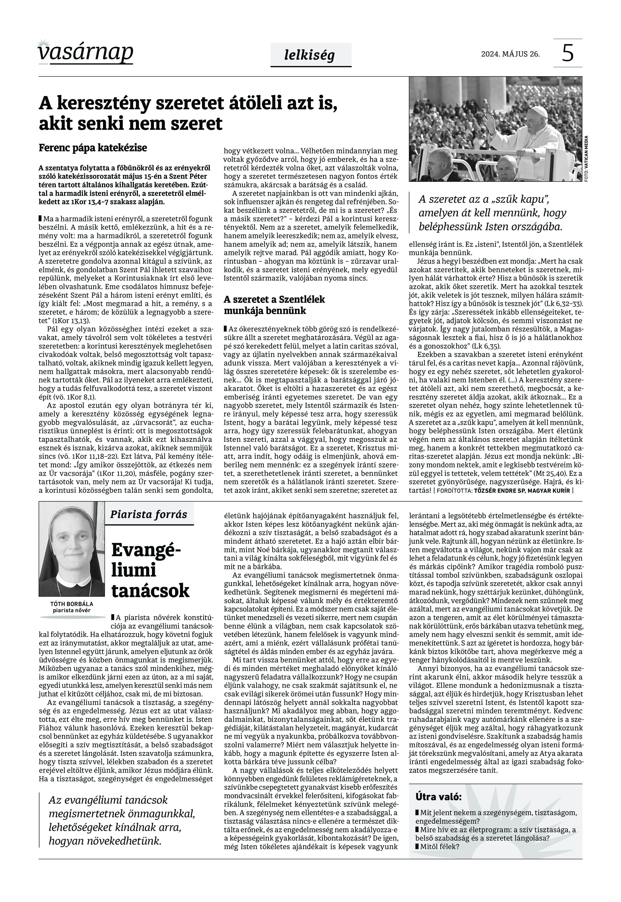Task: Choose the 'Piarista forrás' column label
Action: (x=149, y=514)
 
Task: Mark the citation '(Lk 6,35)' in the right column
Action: (x=486, y=346)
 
